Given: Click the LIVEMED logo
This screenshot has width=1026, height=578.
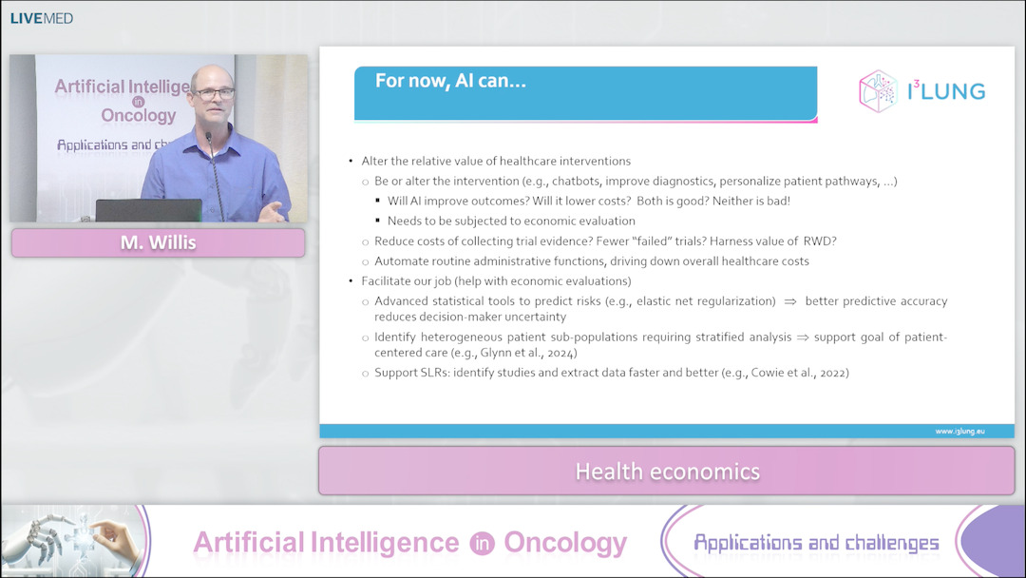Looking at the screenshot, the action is point(41,18).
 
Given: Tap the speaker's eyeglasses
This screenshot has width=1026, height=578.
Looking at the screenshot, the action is point(213,93).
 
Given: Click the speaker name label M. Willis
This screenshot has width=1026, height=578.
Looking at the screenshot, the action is point(159,242).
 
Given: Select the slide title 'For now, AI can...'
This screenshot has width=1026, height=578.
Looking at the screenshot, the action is point(450,81).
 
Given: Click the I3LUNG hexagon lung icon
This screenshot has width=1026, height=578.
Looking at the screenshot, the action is point(878,91).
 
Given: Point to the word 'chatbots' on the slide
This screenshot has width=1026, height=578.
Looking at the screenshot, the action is point(575,182).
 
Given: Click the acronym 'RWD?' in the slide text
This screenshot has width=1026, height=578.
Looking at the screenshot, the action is point(820,241).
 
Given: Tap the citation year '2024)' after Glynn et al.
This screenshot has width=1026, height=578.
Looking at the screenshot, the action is point(562,353).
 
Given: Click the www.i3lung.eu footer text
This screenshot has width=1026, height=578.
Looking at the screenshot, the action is point(959,432).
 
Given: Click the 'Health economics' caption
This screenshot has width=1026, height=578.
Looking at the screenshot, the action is point(668,472).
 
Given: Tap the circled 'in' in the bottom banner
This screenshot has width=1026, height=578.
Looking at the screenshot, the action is point(482,544).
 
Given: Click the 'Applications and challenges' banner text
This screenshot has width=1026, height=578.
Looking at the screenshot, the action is point(816,543).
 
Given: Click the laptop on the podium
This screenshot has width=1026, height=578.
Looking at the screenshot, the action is point(148,210).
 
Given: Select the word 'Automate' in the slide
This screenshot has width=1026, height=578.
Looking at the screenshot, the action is point(399,261).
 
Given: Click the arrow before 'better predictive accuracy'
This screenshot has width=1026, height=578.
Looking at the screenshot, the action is point(790,301).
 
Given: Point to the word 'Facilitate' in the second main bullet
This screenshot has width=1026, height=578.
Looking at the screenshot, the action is point(387,280).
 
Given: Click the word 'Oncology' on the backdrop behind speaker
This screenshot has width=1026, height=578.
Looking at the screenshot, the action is point(139,116).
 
